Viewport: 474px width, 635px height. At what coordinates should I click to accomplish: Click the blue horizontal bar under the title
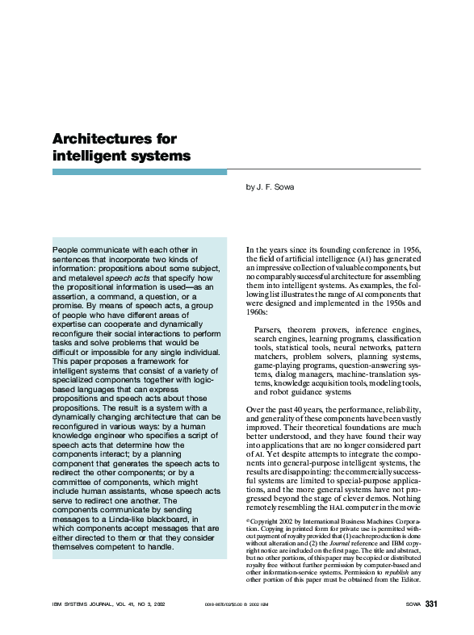(x=139, y=172)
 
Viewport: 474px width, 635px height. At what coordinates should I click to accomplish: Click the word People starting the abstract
(x=67, y=251)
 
